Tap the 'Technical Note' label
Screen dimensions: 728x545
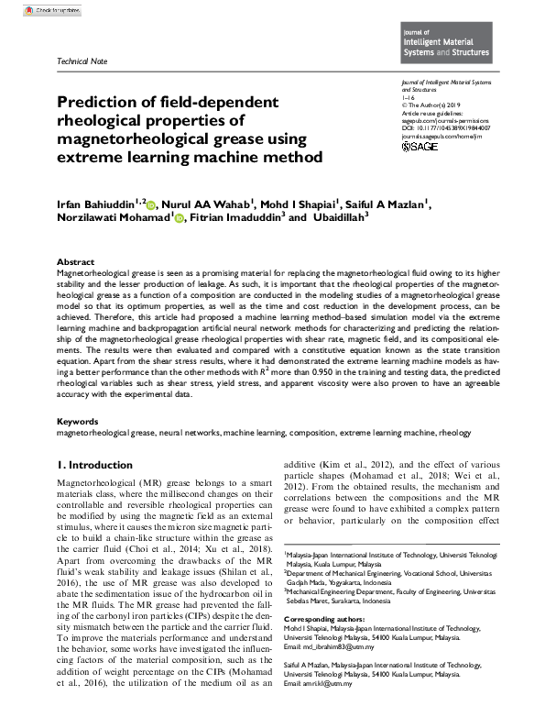pyautogui.click(x=82, y=61)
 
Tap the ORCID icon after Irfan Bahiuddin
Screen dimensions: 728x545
pyautogui.click(x=153, y=204)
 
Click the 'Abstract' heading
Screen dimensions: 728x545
pyautogui.click(x=75, y=262)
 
